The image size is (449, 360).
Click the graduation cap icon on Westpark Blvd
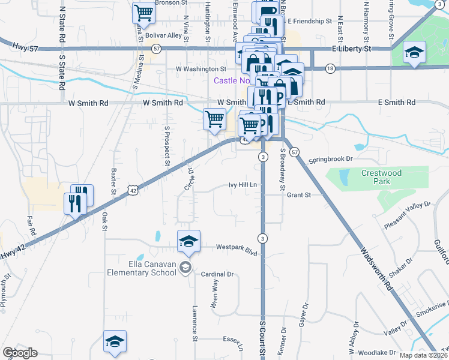[x=188, y=241]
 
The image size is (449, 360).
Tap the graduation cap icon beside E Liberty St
[x=414, y=52]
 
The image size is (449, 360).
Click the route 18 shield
[x=330, y=69]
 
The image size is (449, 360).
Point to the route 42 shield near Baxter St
[x=132, y=190]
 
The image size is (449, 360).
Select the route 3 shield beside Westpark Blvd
[x=263, y=238]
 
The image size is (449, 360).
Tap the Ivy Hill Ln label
[x=243, y=185]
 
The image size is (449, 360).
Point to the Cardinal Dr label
[x=217, y=274]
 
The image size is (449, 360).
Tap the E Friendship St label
[x=308, y=21]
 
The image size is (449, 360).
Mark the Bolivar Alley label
[x=163, y=35]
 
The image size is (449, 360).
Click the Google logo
[x=20, y=353]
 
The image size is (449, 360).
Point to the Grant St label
[x=298, y=195]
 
